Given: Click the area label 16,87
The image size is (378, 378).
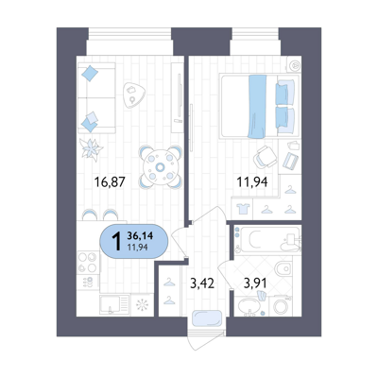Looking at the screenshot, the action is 110,181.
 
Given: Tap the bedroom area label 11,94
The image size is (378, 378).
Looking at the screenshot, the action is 252,181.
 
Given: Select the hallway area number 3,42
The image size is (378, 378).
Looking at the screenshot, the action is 202,283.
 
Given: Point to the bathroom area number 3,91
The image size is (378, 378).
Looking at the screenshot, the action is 255,283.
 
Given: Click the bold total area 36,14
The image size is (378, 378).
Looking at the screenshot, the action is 140,235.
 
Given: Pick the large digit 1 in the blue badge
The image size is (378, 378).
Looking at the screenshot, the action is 116,241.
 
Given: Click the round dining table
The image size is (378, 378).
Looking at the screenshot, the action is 161,167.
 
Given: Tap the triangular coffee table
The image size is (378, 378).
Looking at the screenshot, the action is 134,95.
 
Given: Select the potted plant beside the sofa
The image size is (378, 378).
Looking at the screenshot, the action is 91,149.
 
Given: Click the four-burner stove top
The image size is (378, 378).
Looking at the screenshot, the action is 88,263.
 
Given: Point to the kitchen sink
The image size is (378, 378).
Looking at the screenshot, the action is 114,304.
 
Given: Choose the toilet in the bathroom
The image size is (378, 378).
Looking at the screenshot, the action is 283,268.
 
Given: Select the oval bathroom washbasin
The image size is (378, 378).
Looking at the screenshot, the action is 249,305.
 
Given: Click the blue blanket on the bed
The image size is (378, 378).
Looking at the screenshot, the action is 257,107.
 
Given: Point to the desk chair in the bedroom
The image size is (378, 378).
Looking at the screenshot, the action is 266,157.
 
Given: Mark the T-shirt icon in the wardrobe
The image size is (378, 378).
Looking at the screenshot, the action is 243,208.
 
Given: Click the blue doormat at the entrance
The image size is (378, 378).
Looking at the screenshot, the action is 207,318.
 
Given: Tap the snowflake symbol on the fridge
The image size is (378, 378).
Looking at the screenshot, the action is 142,305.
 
